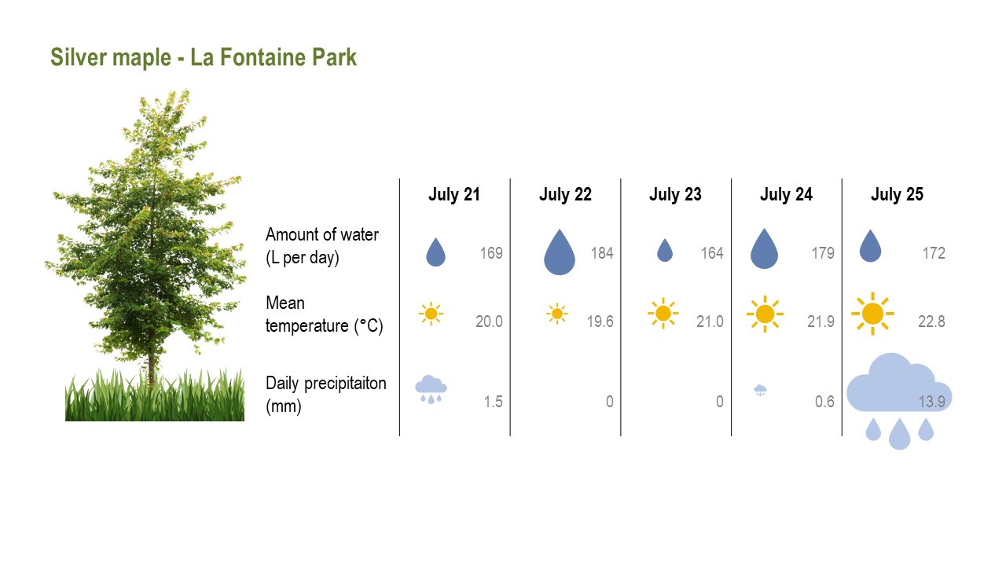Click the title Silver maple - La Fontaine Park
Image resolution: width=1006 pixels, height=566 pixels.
(x=204, y=57)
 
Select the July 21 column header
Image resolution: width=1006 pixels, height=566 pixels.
(x=454, y=194)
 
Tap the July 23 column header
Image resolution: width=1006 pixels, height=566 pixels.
(x=675, y=194)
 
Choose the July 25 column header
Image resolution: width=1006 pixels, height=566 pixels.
(x=897, y=194)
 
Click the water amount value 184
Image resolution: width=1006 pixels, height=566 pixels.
(x=602, y=253)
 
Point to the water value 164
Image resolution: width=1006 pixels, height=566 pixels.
(x=712, y=253)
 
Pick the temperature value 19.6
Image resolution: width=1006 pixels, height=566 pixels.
(x=600, y=322)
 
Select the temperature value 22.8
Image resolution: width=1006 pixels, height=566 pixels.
(x=931, y=322)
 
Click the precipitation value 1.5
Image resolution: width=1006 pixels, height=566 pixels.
(x=493, y=402)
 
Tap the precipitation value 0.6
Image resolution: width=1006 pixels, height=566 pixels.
(x=824, y=402)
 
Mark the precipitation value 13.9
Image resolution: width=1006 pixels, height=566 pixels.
(x=932, y=402)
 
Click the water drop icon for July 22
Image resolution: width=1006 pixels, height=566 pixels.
(x=559, y=252)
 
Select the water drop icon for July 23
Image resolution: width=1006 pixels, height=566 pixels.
(x=665, y=250)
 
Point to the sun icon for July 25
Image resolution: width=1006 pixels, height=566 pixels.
(x=872, y=314)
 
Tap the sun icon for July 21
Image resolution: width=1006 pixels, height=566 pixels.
(x=431, y=314)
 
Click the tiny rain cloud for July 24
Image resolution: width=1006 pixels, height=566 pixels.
(x=760, y=390)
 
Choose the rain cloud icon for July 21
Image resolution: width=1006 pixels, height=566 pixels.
(x=431, y=389)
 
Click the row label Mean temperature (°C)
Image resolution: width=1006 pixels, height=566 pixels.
(x=324, y=314)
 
